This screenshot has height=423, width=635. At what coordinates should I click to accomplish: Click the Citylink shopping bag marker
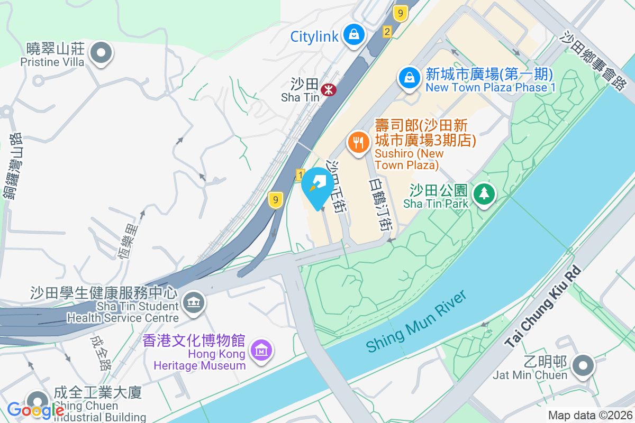[x=353, y=35]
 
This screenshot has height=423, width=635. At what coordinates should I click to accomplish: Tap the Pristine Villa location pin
[x=101, y=53]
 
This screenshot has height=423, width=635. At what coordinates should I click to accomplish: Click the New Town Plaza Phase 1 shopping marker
[x=410, y=78]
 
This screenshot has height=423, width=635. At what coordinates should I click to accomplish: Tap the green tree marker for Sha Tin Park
[x=483, y=194]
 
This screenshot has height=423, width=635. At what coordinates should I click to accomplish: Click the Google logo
[x=35, y=410]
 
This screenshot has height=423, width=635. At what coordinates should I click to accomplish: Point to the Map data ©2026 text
[x=590, y=416]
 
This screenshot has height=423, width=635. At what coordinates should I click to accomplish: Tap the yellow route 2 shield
[x=387, y=32]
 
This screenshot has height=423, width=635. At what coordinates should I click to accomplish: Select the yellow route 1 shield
[x=301, y=174]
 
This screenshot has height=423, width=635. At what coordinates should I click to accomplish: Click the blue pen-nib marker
[x=318, y=185]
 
